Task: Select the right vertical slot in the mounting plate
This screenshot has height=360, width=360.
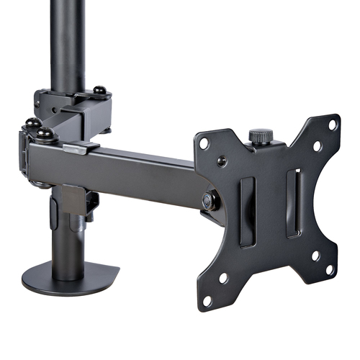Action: tap(294, 203)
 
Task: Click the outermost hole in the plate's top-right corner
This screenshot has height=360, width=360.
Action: tap(332, 125)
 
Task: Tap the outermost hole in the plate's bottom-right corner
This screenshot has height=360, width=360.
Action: tap(330, 269)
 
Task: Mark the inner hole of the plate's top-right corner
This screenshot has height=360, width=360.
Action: tap(317, 145)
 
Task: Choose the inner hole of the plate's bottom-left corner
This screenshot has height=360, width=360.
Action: tap(223, 277)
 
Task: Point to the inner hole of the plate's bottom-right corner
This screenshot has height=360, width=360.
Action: tap(315, 255)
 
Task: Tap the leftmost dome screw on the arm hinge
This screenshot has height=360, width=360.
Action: tap(32, 123)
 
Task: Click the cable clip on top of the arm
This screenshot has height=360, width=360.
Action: tap(80, 148)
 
